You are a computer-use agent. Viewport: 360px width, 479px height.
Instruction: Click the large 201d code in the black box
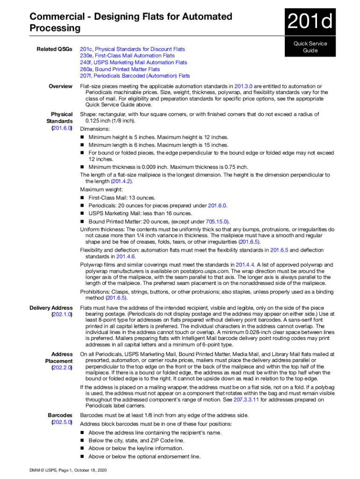pos(310,22)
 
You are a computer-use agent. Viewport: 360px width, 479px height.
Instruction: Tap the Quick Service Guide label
pos(310,47)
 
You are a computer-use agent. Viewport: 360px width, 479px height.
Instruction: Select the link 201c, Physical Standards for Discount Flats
pos(132,49)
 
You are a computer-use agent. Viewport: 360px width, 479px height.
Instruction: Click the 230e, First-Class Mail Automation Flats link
pos(127,56)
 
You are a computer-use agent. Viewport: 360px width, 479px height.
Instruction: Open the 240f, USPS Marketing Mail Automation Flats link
pos(133,62)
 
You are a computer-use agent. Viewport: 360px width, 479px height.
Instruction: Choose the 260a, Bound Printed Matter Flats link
pos(120,69)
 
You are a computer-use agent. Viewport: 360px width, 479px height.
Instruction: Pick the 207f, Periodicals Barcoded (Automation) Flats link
pos(135,76)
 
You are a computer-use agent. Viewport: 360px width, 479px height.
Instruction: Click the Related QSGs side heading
pos(55,49)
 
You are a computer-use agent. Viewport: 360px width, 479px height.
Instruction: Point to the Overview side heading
pos(60,86)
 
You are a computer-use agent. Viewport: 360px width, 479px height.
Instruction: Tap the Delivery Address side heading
pos(51,308)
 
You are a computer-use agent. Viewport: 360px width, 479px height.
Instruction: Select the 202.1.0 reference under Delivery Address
pos(62,315)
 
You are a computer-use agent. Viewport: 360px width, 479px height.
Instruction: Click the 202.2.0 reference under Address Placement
pos(62,368)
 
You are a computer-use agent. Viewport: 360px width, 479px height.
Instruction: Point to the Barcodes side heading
pos(60,415)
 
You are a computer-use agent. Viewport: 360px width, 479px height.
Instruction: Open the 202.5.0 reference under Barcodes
pos(62,422)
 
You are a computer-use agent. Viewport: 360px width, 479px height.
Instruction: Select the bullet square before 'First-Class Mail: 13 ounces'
pos(83,198)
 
